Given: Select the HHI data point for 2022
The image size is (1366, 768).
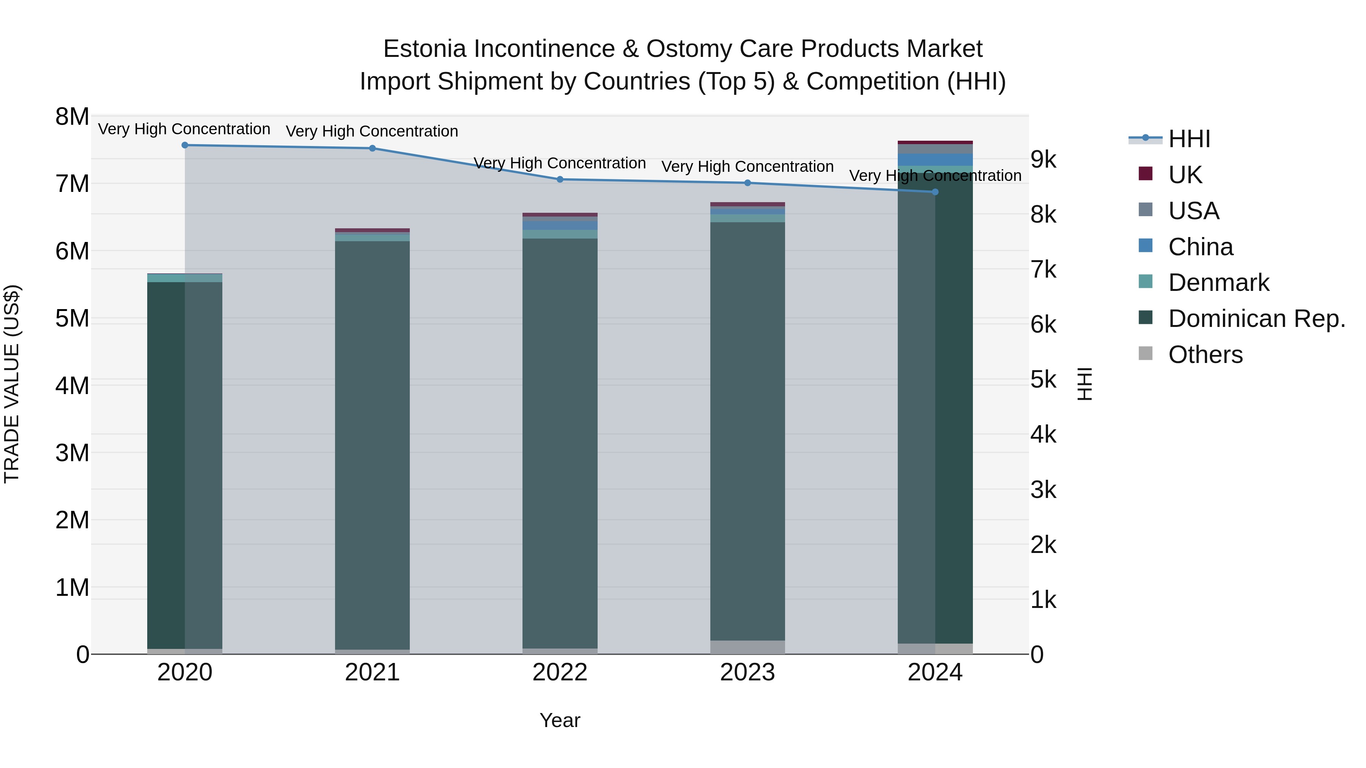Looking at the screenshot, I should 560,180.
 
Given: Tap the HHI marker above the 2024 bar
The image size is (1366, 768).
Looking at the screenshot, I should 935,192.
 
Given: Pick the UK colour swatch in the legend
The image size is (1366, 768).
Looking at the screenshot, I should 1146,174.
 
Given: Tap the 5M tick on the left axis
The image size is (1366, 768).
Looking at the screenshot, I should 72,319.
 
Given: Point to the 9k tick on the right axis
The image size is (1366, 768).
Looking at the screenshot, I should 1043,160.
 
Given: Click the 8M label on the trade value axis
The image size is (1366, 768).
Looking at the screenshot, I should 72,116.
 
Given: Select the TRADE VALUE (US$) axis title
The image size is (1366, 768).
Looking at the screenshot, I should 12,384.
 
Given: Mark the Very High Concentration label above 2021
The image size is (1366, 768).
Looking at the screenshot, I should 372,132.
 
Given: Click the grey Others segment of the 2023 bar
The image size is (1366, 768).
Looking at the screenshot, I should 747,647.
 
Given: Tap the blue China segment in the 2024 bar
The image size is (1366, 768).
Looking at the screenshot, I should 935,160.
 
